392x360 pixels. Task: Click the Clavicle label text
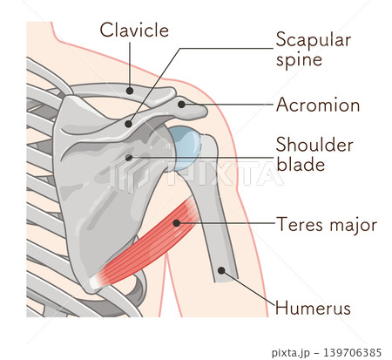(x=134, y=30)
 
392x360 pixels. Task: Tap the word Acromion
(x=318, y=105)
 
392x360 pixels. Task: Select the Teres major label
(x=327, y=225)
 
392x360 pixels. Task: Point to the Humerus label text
(x=313, y=308)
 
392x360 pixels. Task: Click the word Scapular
(x=314, y=40)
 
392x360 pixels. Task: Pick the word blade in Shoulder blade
(x=301, y=164)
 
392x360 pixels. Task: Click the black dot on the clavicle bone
(x=130, y=91)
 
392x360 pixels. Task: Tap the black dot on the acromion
(x=181, y=105)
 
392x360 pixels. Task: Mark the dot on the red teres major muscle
(x=176, y=223)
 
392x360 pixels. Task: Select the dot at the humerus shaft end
(x=221, y=270)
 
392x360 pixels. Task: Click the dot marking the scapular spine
(x=128, y=124)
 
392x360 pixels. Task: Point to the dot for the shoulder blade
(x=129, y=158)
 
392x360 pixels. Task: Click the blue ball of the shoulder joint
(x=186, y=147)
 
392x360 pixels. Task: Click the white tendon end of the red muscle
(x=96, y=282)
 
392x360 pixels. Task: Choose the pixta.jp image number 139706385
(x=352, y=353)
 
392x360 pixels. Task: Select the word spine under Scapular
(x=299, y=60)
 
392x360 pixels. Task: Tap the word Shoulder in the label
(x=314, y=145)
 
